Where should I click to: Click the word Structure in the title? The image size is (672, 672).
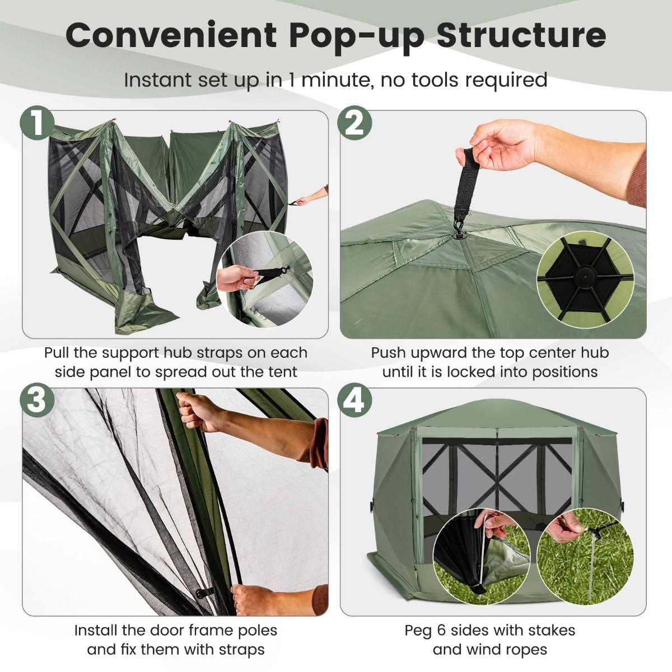(521, 35)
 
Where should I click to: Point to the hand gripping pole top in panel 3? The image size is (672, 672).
(202, 413)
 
